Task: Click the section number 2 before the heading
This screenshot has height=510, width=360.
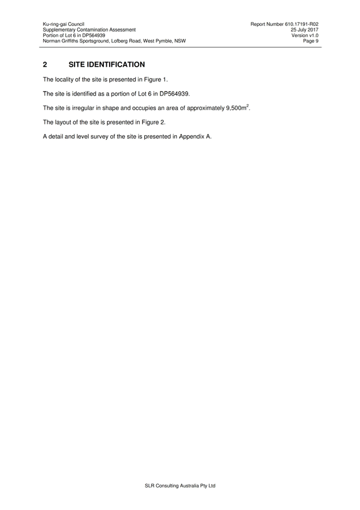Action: pyautogui.click(x=45, y=64)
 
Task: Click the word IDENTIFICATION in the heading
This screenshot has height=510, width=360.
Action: pyautogui.click(x=116, y=64)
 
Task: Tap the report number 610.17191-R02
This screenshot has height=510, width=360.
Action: pyautogui.click(x=302, y=24)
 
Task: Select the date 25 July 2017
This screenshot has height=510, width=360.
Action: pyautogui.click(x=305, y=29)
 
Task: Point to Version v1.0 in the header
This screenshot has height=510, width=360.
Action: pyautogui.click(x=305, y=36)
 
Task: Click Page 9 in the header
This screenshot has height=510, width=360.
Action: pyautogui.click(x=311, y=41)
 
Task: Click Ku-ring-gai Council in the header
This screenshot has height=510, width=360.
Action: pyautogui.click(x=63, y=24)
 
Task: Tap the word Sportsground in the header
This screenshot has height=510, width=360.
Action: pyautogui.click(x=94, y=41)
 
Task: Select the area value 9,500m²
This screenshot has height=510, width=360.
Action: pyautogui.click(x=237, y=107)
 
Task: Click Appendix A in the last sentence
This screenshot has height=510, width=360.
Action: pyautogui.click(x=194, y=137)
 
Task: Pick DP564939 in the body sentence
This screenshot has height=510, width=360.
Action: pyautogui.click(x=174, y=94)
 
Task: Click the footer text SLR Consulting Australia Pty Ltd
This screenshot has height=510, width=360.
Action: pyautogui.click(x=180, y=486)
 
